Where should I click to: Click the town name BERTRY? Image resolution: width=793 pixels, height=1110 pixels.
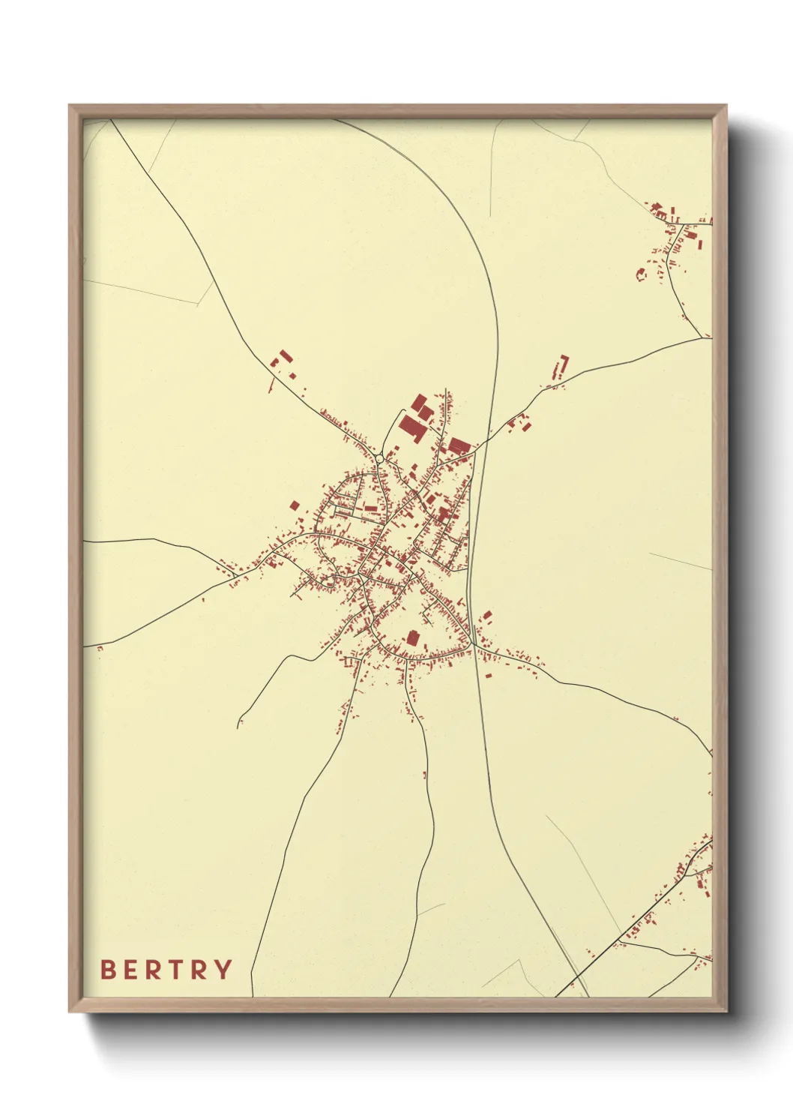coord(166,970)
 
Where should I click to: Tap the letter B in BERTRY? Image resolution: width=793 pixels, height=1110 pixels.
coord(108,970)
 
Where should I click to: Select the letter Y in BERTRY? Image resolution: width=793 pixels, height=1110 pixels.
coord(223,970)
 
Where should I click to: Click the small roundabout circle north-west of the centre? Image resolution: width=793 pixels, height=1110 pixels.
coord(379,458)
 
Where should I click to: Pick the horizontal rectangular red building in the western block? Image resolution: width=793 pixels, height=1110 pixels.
coord(370,508)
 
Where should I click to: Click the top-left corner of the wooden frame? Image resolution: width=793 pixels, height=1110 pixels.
coord(70,106)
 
